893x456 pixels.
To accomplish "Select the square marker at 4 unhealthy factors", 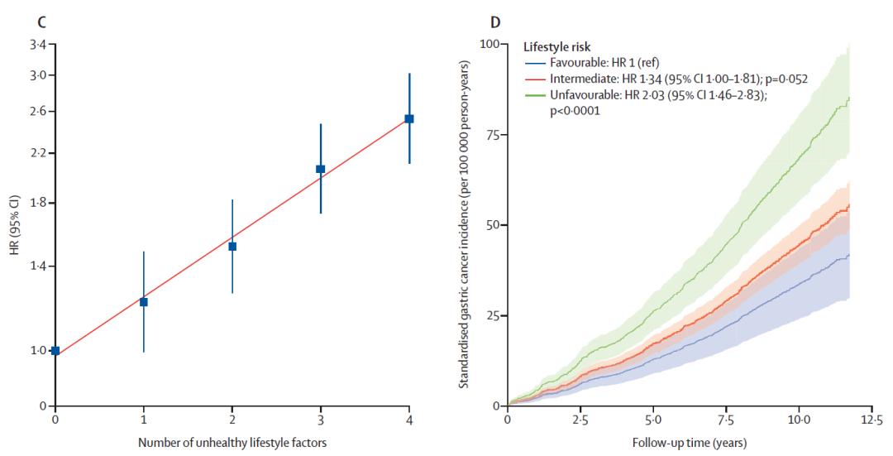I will pyautogui.click(x=408, y=118).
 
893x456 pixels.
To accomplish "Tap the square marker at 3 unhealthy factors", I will pyautogui.click(x=321, y=169).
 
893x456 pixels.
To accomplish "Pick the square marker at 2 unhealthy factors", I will pyautogui.click(x=232, y=246).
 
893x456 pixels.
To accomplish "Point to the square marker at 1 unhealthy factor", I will pyautogui.click(x=144, y=302).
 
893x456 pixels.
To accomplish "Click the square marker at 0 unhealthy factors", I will pyautogui.click(x=55, y=351).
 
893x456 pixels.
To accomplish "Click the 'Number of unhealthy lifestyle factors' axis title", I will pyautogui.click(x=232, y=442).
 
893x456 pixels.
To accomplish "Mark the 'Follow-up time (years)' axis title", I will pyautogui.click(x=689, y=442).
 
